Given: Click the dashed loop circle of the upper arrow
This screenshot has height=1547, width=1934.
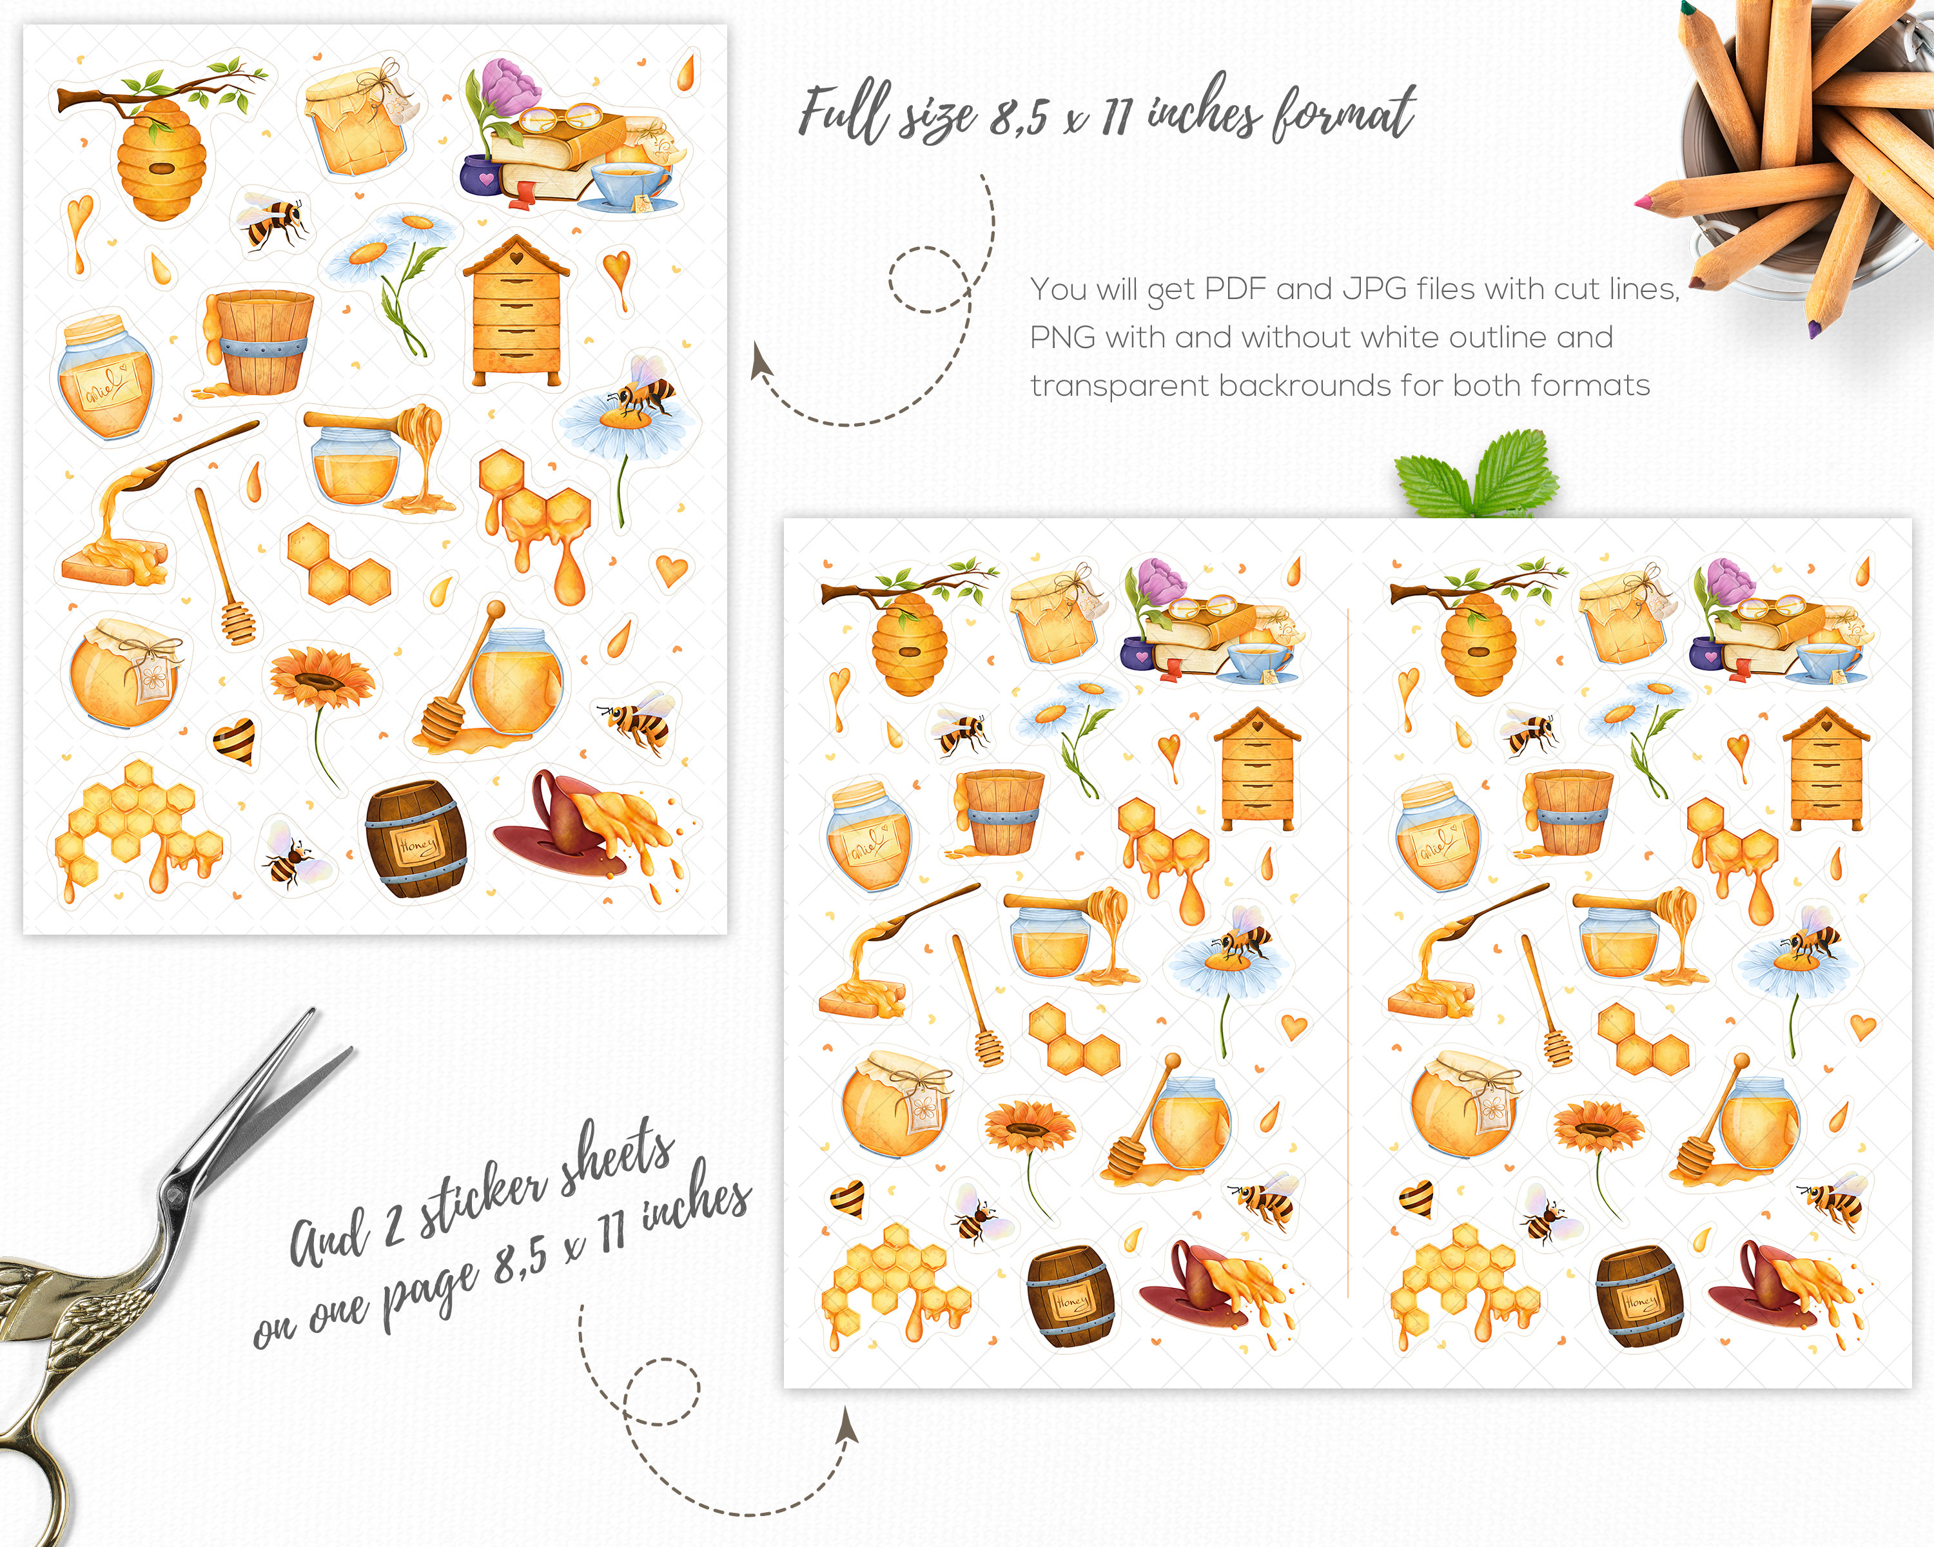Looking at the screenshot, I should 928,279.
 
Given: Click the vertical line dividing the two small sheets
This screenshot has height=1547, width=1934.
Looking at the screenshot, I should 1348,951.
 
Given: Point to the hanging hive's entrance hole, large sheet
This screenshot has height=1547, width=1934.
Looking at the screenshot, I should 162,169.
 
